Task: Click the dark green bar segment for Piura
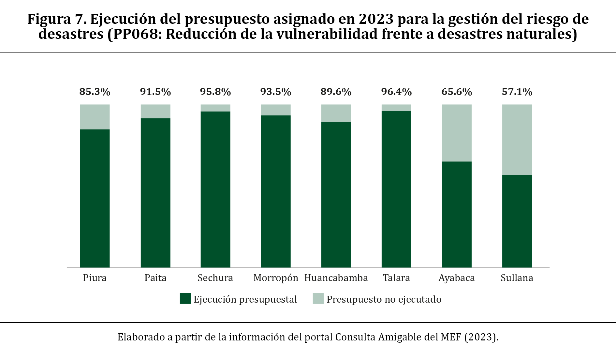click(x=95, y=198)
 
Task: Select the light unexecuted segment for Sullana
click(x=517, y=140)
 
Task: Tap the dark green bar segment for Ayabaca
click(x=457, y=214)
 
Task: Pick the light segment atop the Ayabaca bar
click(x=457, y=133)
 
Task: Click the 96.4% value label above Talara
click(x=396, y=92)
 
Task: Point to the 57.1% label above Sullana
click(x=517, y=92)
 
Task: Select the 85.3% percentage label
click(x=95, y=92)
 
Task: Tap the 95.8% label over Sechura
click(x=215, y=92)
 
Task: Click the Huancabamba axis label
click(x=336, y=278)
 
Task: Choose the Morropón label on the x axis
click(x=276, y=278)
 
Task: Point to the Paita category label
click(x=155, y=278)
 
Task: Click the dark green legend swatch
click(x=185, y=299)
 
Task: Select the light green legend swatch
click(x=318, y=299)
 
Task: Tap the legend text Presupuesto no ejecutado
click(x=384, y=299)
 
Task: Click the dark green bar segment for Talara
click(x=396, y=189)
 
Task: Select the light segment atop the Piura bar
click(x=95, y=117)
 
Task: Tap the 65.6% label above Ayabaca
click(x=457, y=92)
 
